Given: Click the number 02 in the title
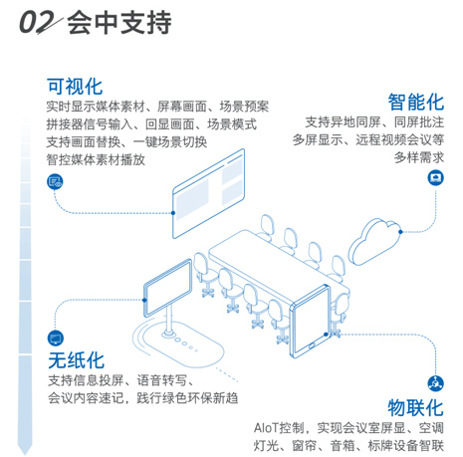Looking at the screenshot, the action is point(37,22).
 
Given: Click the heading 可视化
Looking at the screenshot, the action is point(75,87).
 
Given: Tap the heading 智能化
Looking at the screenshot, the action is point(416,102).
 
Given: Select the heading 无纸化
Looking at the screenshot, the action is point(76,360).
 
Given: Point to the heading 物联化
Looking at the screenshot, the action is point(415,408).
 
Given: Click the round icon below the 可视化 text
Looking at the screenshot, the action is point(55,181).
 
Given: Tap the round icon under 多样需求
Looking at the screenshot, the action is point(435,178).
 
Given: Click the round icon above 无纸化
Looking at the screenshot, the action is point(56,339).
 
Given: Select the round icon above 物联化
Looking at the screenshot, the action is point(435,383).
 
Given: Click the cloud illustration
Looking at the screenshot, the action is point(374,241).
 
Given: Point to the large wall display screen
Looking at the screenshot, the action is point(208,193).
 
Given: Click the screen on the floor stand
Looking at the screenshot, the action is point(168,288).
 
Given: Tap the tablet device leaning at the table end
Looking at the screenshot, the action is point(311,322).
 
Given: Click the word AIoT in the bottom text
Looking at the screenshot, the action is point(267,428).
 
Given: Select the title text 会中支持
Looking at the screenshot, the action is point(119,22).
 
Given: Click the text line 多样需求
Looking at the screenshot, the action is point(419,157).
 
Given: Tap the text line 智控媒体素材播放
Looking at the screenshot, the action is point(96,160).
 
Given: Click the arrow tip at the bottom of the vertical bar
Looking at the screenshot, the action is point(25,453).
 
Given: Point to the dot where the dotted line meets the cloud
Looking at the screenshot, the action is point(400,232).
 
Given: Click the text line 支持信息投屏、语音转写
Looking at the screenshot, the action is point(120,380).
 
